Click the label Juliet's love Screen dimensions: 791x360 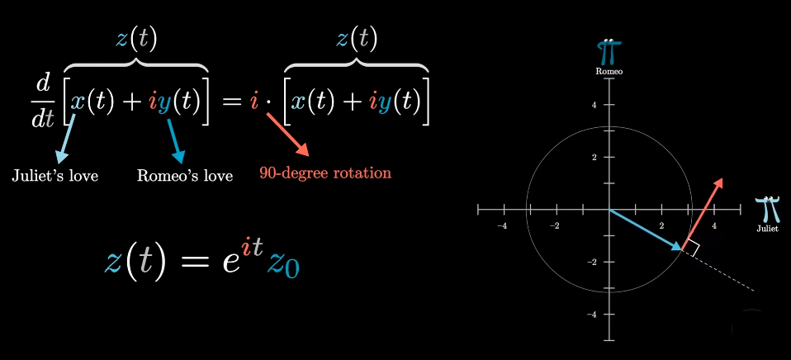[54, 175]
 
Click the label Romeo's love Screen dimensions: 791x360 [184, 175]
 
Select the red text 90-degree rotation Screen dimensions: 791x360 [324, 173]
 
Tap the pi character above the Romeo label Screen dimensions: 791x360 [610, 51]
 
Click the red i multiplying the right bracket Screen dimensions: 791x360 [254, 102]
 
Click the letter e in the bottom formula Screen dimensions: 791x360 [218, 262]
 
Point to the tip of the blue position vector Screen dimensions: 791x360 [683, 248]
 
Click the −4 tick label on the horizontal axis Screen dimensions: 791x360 [501, 225]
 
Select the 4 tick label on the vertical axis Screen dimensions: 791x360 [594, 105]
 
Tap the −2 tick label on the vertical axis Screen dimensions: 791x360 [591, 262]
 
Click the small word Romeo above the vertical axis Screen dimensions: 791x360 [609, 72]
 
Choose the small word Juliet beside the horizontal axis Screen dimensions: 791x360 [767, 229]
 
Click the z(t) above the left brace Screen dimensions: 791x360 [137, 38]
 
